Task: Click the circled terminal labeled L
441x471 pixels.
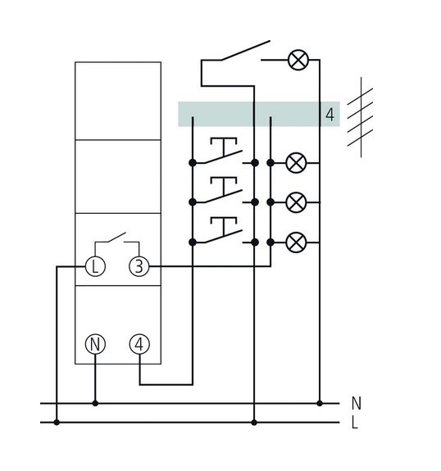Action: pos(95,266)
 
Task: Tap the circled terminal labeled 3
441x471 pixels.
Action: pos(139,266)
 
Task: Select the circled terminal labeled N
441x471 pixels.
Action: pos(95,344)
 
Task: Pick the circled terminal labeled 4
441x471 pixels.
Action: pos(139,344)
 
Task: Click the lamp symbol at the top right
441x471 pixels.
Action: pos(298,60)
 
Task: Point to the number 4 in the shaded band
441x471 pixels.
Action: pos(330,115)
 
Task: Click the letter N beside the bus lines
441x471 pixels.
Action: pos(357,403)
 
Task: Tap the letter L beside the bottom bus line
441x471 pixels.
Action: pos(355,423)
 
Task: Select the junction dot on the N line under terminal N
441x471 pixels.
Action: pos(95,403)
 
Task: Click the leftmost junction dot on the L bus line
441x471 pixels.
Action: pos(57,423)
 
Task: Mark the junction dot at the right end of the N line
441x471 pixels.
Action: pos(320,403)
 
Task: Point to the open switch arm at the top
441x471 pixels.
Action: pos(245,51)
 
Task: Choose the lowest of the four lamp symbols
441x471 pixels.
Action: pos(297,242)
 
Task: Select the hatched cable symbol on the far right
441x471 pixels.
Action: pos(361,117)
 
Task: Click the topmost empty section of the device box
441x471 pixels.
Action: pos(118,101)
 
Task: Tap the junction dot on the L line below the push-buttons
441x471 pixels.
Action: pos(254,423)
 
